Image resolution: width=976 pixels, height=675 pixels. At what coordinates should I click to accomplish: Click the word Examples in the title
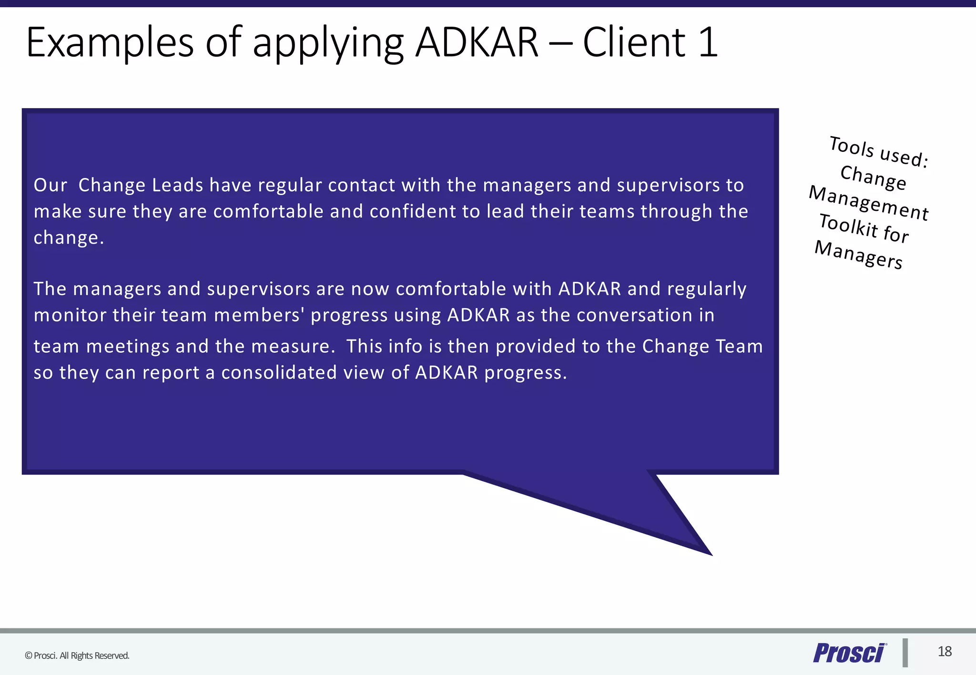click(x=110, y=43)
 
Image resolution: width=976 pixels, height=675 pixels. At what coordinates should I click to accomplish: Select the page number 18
click(x=945, y=652)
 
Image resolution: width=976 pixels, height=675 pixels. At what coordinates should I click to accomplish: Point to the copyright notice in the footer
click(x=77, y=655)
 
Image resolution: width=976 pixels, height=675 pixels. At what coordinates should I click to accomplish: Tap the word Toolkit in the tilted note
click(x=848, y=225)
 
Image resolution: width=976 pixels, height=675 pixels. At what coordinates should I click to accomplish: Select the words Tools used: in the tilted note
click(x=879, y=151)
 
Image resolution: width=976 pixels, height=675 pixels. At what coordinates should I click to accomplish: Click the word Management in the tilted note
click(x=869, y=203)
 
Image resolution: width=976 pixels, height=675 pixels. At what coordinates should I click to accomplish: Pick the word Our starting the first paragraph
click(x=51, y=185)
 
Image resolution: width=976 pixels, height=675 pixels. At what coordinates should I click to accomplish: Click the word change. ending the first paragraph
click(x=69, y=238)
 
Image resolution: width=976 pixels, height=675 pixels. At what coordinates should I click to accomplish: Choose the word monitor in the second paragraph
click(x=70, y=315)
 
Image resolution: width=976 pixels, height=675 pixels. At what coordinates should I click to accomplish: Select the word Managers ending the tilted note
click(x=858, y=255)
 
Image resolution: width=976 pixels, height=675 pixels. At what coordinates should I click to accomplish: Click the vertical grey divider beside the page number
click(x=905, y=653)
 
